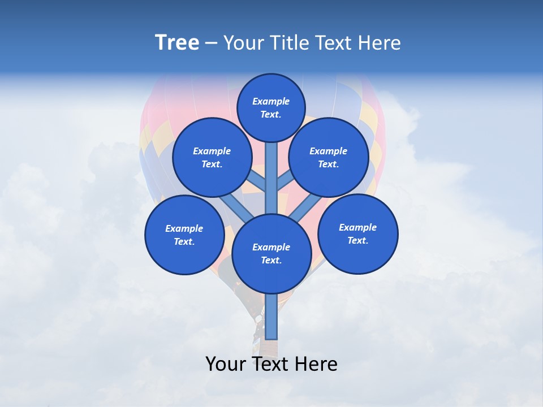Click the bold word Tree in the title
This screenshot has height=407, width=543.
click(177, 43)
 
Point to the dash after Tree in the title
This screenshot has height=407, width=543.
click(211, 44)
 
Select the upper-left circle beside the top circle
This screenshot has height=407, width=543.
click(212, 157)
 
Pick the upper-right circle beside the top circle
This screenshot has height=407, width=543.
click(329, 157)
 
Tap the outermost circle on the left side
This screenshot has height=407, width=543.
click(184, 235)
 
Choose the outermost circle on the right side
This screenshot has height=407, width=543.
click(357, 233)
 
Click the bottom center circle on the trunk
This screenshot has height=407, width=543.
click(271, 254)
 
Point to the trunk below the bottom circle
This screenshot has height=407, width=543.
click(271, 317)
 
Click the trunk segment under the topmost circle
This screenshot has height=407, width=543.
click(271, 170)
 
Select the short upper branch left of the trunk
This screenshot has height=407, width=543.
click(258, 181)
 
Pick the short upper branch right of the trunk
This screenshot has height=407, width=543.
click(285, 181)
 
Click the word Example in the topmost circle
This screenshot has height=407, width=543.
click(271, 101)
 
